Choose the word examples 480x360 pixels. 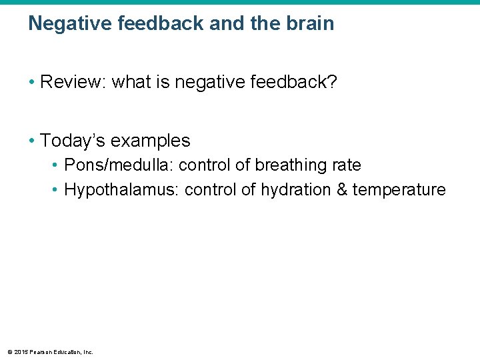[x=151, y=141]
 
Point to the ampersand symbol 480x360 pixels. [x=342, y=190]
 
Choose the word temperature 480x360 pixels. [x=399, y=190]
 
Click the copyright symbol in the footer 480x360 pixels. [x=9, y=351]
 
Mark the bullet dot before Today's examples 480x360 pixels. [x=31, y=141]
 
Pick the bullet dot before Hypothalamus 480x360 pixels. [x=55, y=190]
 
